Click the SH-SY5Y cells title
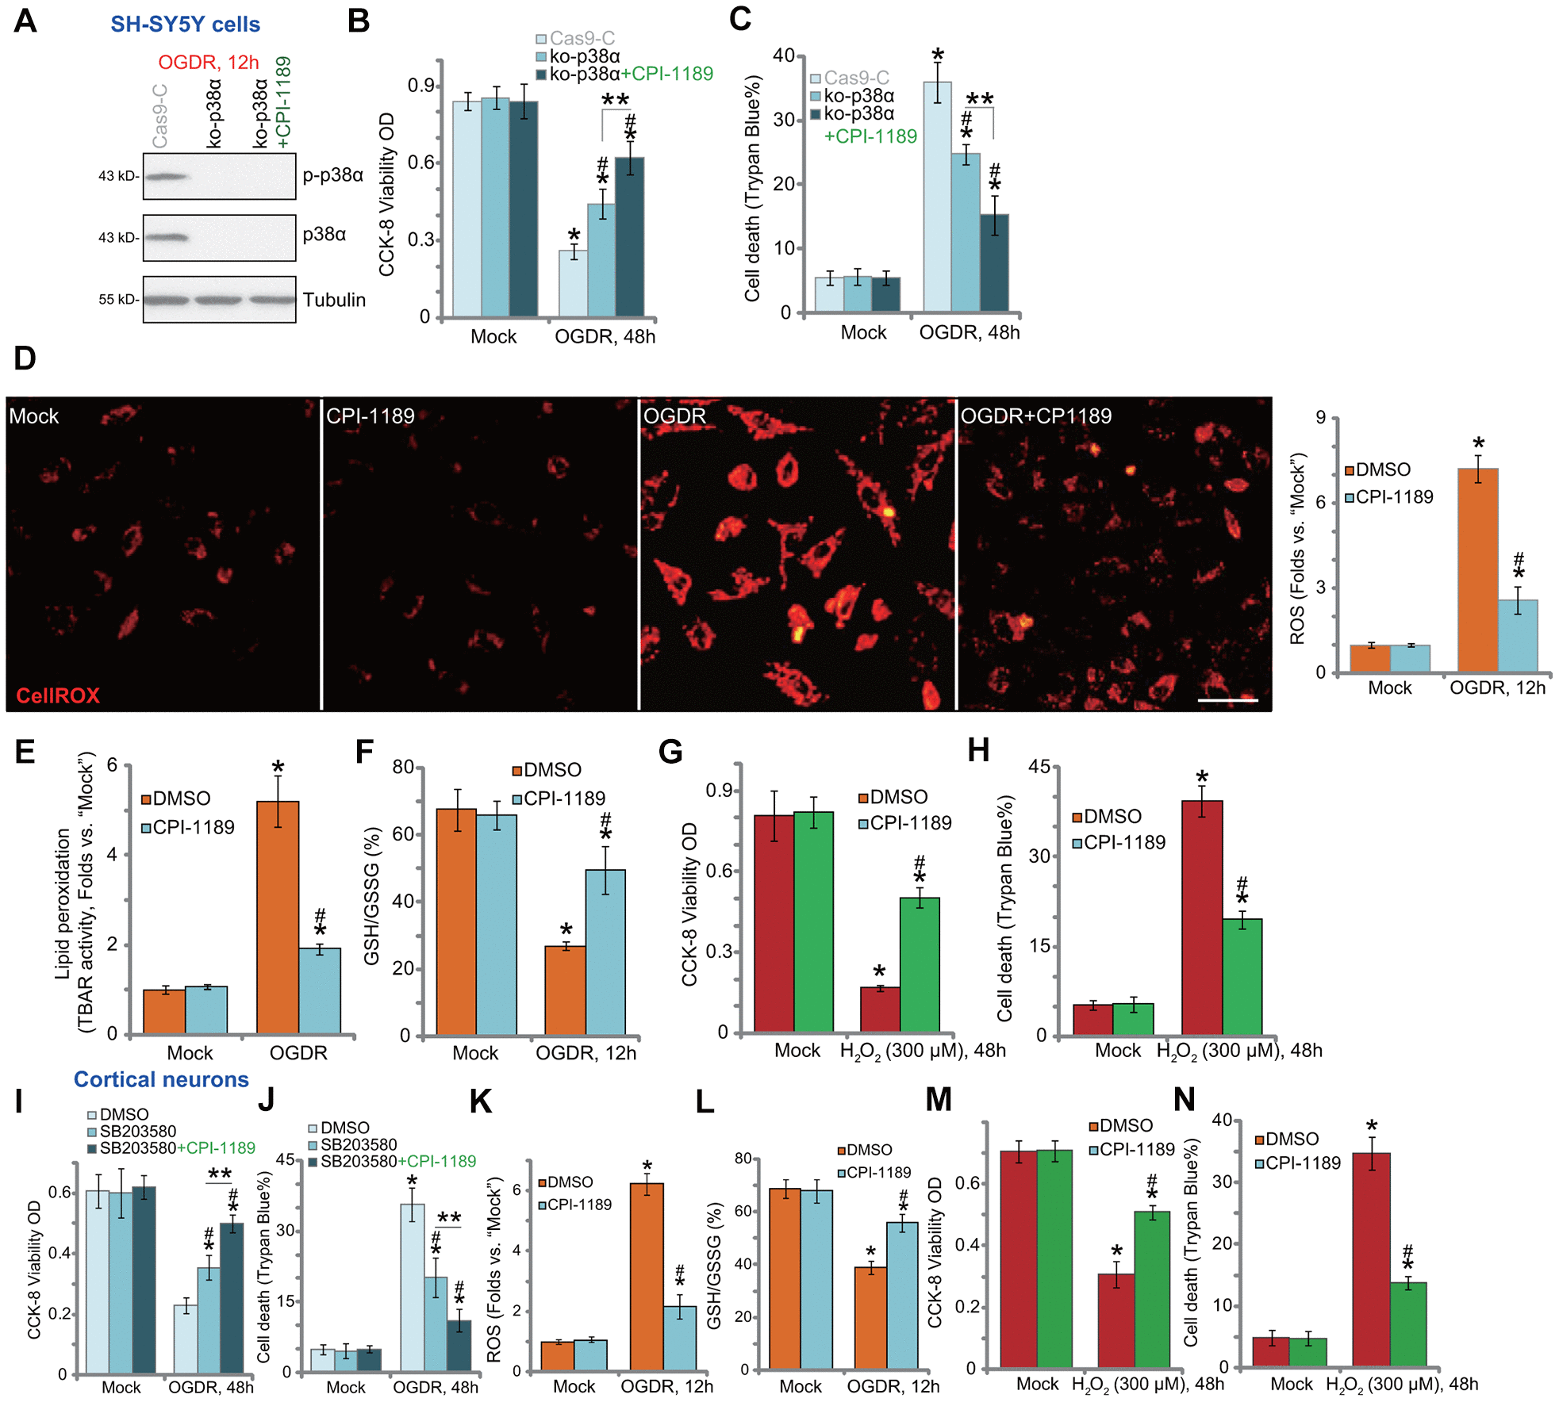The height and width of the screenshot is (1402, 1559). click(185, 25)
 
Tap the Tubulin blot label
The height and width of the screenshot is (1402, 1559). click(334, 300)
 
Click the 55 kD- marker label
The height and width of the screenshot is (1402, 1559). click(118, 300)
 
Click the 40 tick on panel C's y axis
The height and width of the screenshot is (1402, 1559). click(784, 56)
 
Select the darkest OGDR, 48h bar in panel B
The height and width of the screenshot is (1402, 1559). click(630, 237)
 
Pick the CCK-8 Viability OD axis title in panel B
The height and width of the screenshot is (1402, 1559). click(386, 195)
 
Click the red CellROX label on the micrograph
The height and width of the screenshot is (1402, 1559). click(58, 695)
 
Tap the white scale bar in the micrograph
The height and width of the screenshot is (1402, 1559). click(1227, 700)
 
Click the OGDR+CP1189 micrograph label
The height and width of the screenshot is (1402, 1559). click(1036, 416)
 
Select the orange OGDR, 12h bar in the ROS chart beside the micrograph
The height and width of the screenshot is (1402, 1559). click(1478, 570)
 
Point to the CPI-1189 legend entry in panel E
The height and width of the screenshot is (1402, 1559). click(188, 827)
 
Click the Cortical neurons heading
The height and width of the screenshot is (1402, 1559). click(161, 1079)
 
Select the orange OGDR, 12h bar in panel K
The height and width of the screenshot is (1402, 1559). click(647, 1277)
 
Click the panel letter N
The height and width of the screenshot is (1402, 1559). click(1184, 1100)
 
